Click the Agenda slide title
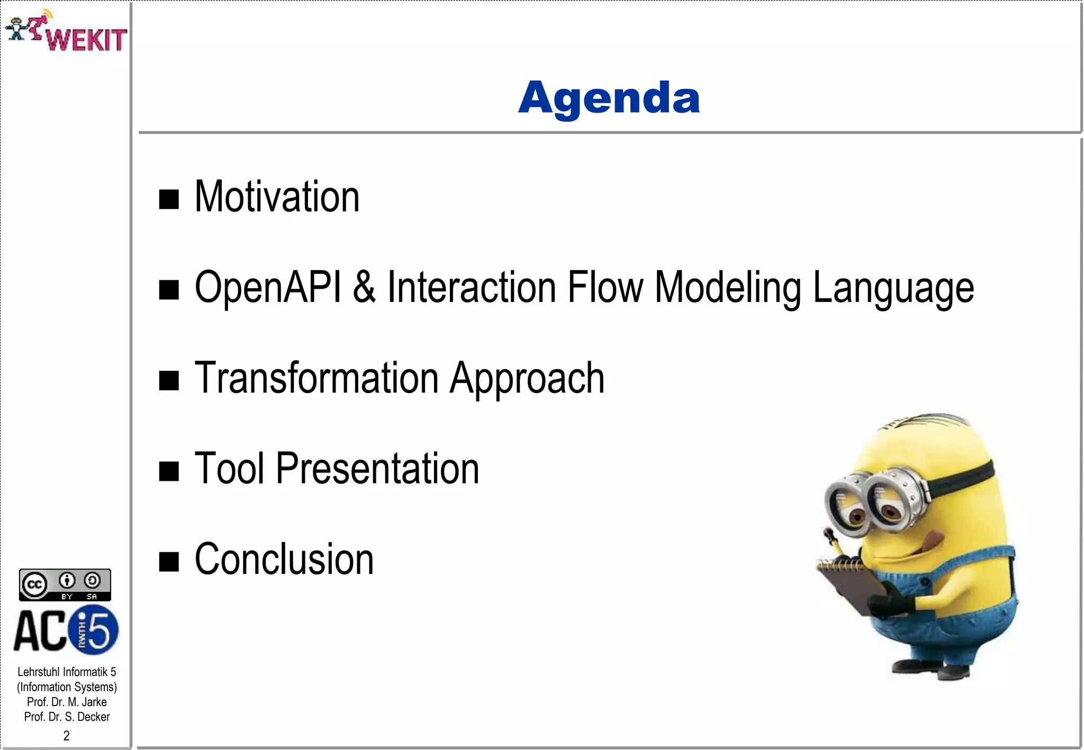(x=609, y=98)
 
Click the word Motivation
(x=277, y=197)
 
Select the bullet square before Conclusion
(x=169, y=562)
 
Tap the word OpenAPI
(x=268, y=287)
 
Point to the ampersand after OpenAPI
(x=364, y=287)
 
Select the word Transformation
(x=316, y=378)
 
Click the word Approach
(x=527, y=379)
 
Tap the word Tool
(x=229, y=468)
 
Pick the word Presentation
(x=377, y=469)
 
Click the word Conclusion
(x=284, y=559)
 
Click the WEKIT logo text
(x=86, y=40)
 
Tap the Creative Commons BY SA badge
(x=65, y=584)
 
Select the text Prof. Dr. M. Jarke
(x=67, y=702)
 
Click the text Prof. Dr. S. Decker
(x=67, y=717)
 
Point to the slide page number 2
(x=66, y=735)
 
